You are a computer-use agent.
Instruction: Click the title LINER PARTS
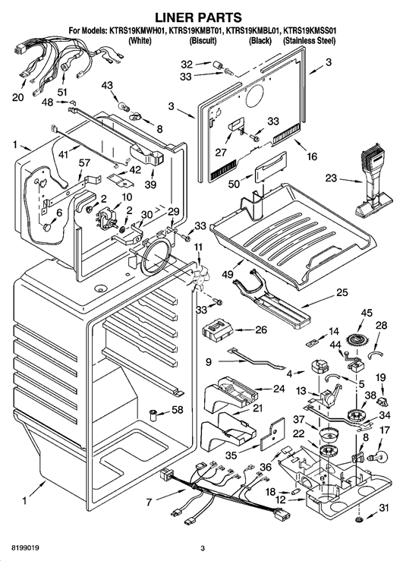point(198,17)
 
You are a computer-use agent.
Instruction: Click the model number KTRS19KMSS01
point(310,31)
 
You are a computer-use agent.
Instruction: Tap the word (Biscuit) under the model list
point(203,41)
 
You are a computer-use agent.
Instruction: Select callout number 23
point(331,178)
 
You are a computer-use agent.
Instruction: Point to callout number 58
point(178,410)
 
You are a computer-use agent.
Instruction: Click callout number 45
point(367,313)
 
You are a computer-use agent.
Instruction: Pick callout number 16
point(312,156)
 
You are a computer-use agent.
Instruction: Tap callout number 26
point(261,329)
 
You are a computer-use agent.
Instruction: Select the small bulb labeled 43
point(124,106)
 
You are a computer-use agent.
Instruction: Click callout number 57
point(84,163)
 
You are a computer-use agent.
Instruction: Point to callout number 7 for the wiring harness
point(149,503)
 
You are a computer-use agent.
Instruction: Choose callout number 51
point(62,93)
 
